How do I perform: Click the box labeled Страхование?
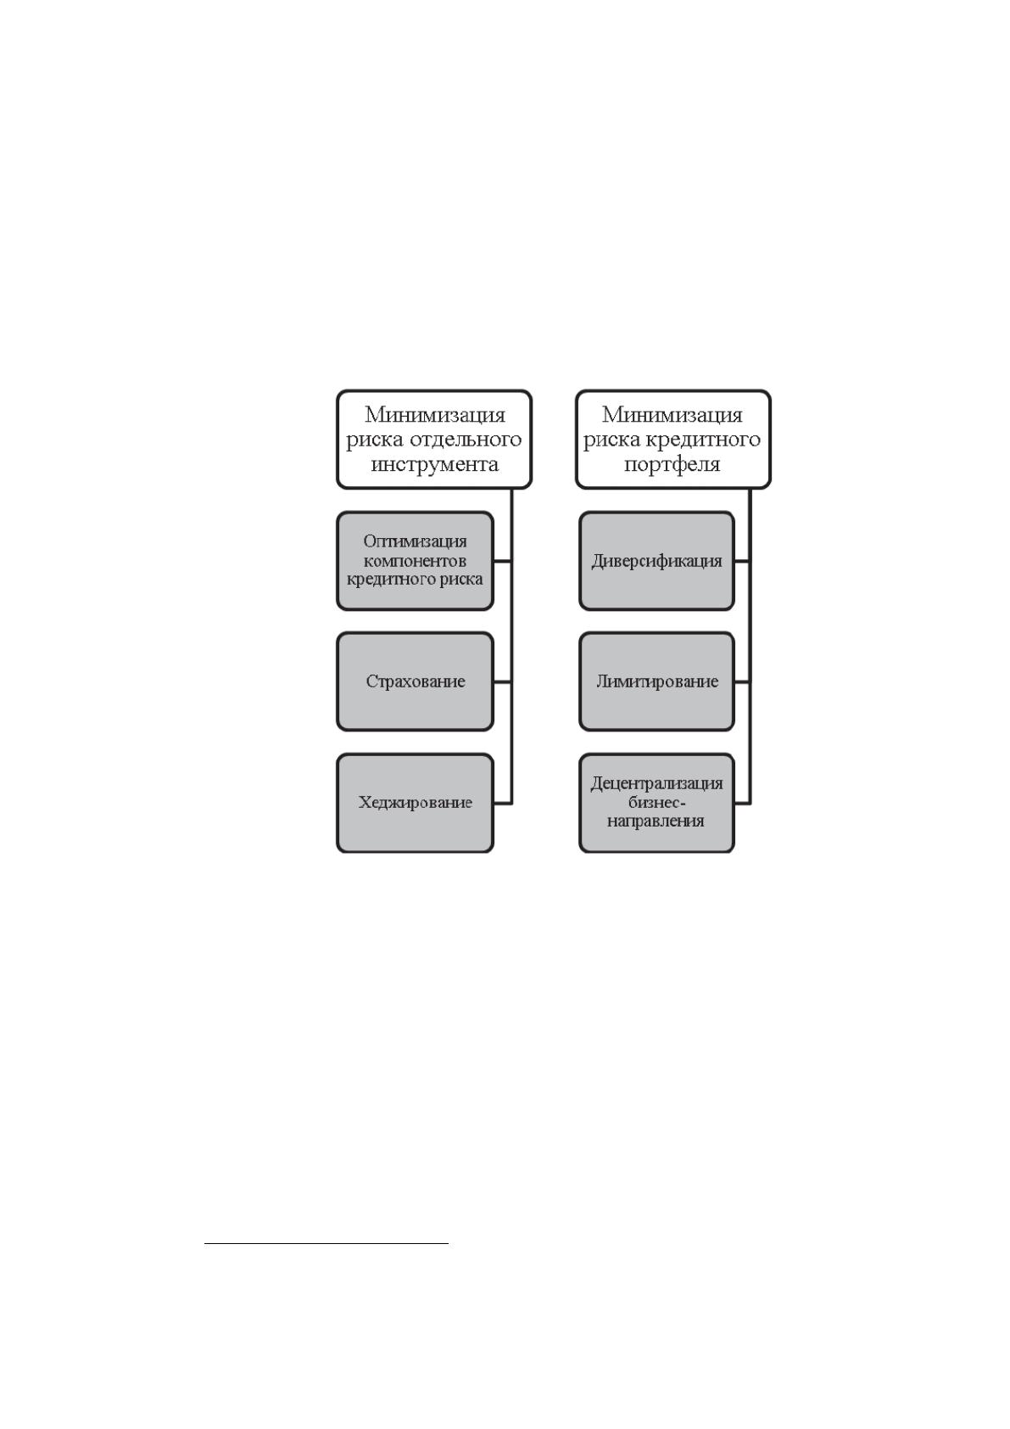pyautogui.click(x=415, y=681)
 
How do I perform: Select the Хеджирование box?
pyautogui.click(x=415, y=803)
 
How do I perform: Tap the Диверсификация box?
pyautogui.click(x=656, y=561)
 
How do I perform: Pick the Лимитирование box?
pyautogui.click(x=656, y=681)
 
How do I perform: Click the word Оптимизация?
pyautogui.click(x=415, y=541)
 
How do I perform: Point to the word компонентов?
pyautogui.click(x=415, y=562)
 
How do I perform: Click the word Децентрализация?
pyautogui.click(x=656, y=783)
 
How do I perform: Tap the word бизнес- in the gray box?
pyautogui.click(x=656, y=802)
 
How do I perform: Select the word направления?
pyautogui.click(x=656, y=821)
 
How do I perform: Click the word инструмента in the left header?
pyautogui.click(x=434, y=464)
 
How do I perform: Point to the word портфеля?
pyautogui.click(x=672, y=464)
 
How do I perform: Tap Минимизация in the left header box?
pyautogui.click(x=435, y=415)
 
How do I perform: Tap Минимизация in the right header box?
pyautogui.click(x=672, y=415)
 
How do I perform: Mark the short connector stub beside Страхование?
pyautogui.click(x=502, y=681)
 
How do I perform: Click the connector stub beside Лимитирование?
pyautogui.click(x=742, y=681)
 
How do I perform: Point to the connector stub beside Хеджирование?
pyautogui.click(x=502, y=803)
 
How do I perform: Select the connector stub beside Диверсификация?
pyautogui.click(x=742, y=562)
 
